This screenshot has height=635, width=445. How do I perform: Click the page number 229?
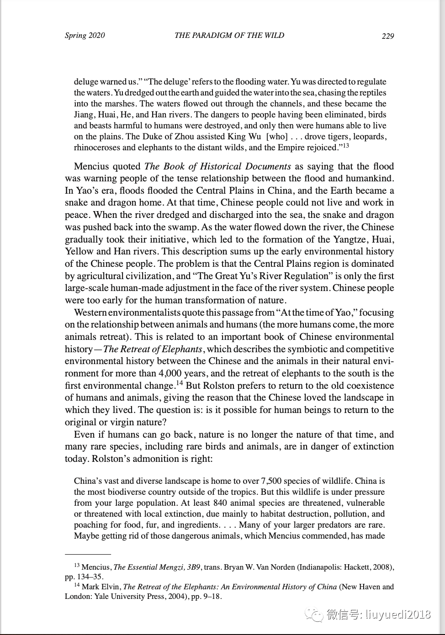tap(387, 36)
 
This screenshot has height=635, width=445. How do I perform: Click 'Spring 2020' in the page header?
tap(85, 36)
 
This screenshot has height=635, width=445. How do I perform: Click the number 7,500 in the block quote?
tap(273, 481)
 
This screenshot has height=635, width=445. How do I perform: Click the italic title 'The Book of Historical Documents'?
tap(217, 166)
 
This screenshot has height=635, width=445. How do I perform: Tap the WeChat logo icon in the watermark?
tap(315, 614)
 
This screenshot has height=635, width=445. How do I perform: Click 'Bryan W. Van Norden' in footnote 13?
tap(259, 567)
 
